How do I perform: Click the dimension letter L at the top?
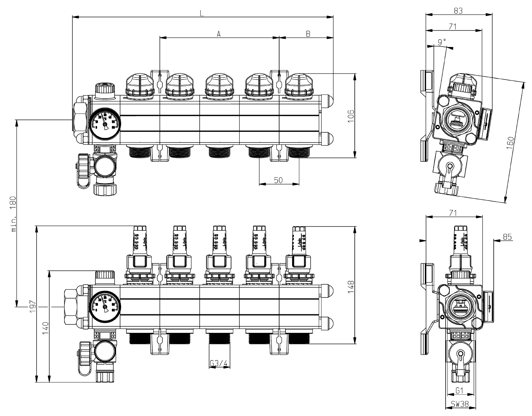pyautogui.click(x=202, y=13)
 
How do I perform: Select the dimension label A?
pyautogui.click(x=219, y=34)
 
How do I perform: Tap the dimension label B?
pyautogui.click(x=308, y=34)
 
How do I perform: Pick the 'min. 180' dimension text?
pyautogui.click(x=14, y=214)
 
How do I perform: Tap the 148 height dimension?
pyautogui.click(x=351, y=287)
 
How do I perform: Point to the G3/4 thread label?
pyautogui.click(x=219, y=363)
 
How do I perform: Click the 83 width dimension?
pyautogui.click(x=458, y=11)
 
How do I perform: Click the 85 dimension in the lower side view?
pyautogui.click(x=507, y=237)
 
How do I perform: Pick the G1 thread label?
pyautogui.click(x=459, y=391)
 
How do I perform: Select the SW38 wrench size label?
pyautogui.click(x=460, y=405)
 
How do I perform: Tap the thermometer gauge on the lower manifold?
pyautogui.click(x=105, y=307)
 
